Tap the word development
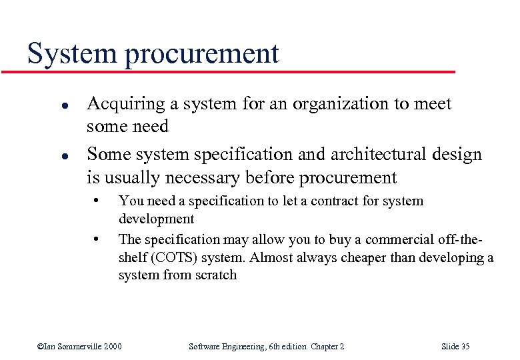pos(156,219)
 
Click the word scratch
pos(215,275)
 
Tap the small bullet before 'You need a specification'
pos(97,200)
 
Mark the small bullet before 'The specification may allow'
pos(97,238)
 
